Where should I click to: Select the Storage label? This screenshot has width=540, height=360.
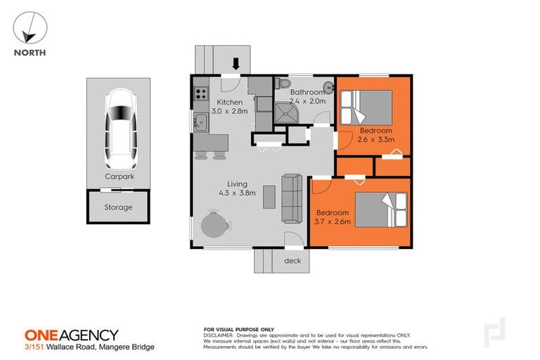pyautogui.click(x=118, y=207)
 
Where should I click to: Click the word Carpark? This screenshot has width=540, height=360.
pyautogui.click(x=118, y=179)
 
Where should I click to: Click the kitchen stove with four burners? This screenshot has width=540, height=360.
pyautogui.click(x=200, y=92)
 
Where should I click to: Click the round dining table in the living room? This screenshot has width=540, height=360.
pyautogui.click(x=214, y=226)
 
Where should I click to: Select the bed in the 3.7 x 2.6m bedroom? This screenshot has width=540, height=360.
pyautogui.click(x=380, y=210)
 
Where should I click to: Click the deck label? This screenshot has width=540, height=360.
pyautogui.click(x=292, y=261)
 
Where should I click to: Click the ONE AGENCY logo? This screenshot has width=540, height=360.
pyautogui.click(x=71, y=335)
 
